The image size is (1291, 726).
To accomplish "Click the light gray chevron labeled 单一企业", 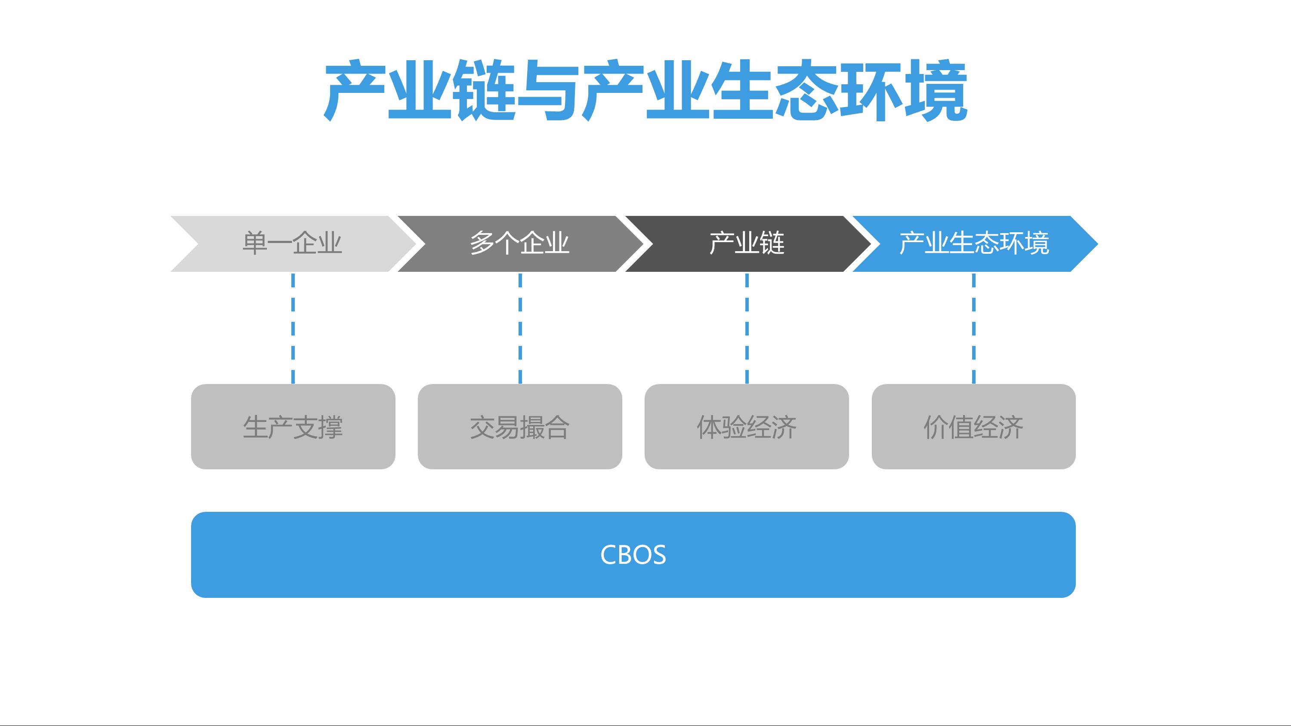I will click(292, 244).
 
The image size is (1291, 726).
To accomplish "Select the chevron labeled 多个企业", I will click(520, 244).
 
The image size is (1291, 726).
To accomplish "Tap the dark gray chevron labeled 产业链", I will click(747, 244).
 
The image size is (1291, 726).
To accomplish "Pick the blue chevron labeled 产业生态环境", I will click(974, 244).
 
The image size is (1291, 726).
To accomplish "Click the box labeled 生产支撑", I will click(293, 427).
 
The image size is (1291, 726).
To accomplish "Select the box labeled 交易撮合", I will click(520, 427).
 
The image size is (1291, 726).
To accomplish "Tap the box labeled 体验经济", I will click(747, 427).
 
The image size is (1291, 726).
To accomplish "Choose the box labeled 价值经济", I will click(973, 427).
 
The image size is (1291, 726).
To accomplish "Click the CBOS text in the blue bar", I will click(633, 555).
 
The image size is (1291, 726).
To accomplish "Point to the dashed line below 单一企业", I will click(293, 328).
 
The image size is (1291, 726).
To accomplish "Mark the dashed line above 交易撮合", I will click(520, 328).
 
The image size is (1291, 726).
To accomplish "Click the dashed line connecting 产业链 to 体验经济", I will click(747, 328).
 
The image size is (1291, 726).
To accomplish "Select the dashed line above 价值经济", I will click(974, 328).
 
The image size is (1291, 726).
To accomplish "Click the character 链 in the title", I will click(485, 90).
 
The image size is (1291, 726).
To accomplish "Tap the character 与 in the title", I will click(549, 90).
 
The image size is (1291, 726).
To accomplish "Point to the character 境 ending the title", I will click(935, 90).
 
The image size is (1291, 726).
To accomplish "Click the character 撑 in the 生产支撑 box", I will click(330, 428).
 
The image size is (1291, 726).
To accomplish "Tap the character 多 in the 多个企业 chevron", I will click(482, 243).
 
